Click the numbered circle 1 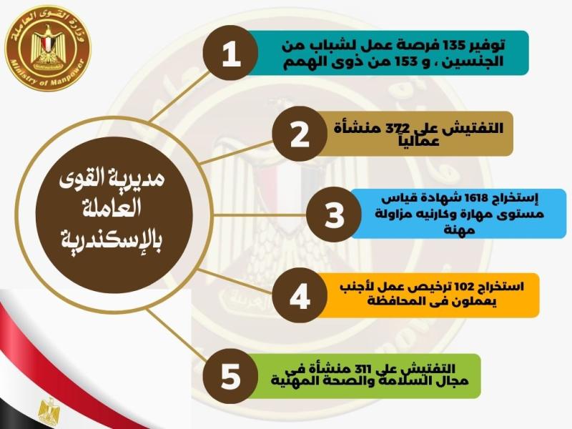pyautogui.click(x=230, y=53)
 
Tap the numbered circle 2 pyautogui.click(x=300, y=134)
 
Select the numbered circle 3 pyautogui.click(x=334, y=214)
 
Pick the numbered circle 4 pyautogui.click(x=300, y=295)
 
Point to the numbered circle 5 pyautogui.click(x=230, y=376)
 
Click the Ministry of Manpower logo pyautogui.click(x=48, y=48)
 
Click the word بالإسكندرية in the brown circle pyautogui.click(x=112, y=240)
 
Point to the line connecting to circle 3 pyautogui.click(x=260, y=215)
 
